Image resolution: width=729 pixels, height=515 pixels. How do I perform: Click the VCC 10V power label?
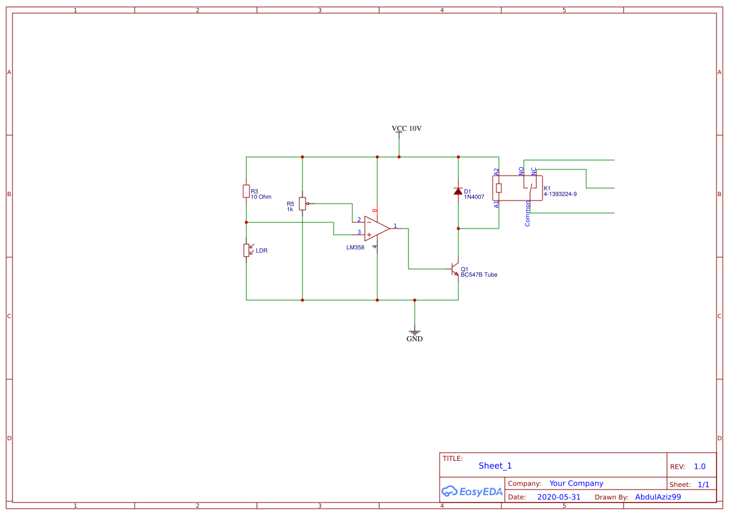(x=407, y=128)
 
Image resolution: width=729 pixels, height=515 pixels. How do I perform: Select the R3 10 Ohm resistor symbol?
(x=246, y=191)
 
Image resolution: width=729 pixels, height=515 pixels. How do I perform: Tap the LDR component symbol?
(x=246, y=250)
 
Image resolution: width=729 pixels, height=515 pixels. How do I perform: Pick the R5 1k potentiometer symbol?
(x=302, y=204)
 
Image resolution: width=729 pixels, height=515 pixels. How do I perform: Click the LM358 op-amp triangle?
(x=376, y=229)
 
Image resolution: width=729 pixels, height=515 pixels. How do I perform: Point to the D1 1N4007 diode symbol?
(x=458, y=191)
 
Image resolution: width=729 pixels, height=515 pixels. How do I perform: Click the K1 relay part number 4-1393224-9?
(x=560, y=194)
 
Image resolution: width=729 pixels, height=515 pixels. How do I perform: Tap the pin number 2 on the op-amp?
(x=359, y=220)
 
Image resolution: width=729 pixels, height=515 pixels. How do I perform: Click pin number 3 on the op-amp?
(x=359, y=233)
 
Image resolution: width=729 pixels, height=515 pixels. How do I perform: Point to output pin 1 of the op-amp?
(x=395, y=225)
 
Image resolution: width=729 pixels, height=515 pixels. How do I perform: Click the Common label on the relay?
(x=528, y=214)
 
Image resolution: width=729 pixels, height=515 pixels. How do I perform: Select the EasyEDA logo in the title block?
(x=472, y=491)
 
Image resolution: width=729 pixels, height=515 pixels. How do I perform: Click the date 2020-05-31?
(x=559, y=498)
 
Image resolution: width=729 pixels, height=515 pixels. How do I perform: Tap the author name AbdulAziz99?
(x=658, y=497)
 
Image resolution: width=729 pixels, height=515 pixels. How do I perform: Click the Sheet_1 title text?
(x=495, y=466)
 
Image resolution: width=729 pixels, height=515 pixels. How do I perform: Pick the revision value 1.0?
(x=700, y=466)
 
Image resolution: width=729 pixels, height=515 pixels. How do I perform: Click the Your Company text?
(x=576, y=483)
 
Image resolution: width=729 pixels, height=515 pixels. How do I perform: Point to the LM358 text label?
(x=355, y=247)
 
